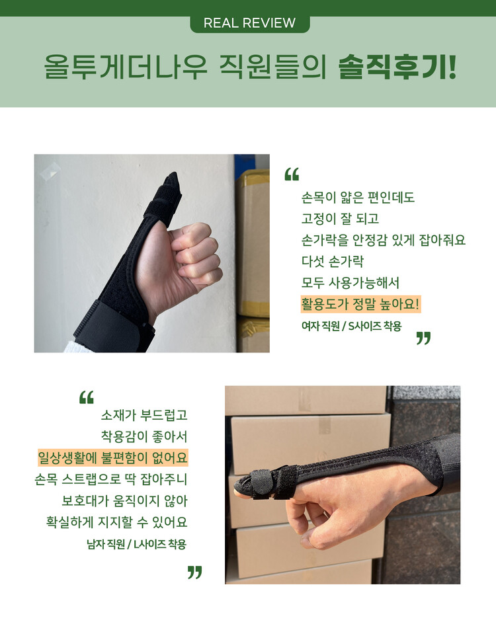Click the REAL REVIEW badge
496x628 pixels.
click(x=249, y=23)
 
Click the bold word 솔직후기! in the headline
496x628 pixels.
click(x=397, y=67)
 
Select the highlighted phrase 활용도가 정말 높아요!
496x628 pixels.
click(x=360, y=304)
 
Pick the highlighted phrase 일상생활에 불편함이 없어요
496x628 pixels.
click(x=112, y=457)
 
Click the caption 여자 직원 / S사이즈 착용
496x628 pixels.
click(x=351, y=326)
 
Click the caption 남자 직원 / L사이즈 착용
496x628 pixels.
click(x=137, y=544)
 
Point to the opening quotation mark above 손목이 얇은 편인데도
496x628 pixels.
click(x=292, y=175)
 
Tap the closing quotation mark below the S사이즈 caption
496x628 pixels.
click(x=423, y=338)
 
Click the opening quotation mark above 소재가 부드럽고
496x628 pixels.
click(x=86, y=397)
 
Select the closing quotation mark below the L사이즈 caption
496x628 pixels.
click(x=194, y=572)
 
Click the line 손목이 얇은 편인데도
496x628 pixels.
click(x=358, y=197)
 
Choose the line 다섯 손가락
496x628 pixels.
click(x=333, y=261)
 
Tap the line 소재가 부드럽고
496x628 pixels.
click(x=144, y=415)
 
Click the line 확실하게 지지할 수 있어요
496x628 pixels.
click(x=116, y=522)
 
